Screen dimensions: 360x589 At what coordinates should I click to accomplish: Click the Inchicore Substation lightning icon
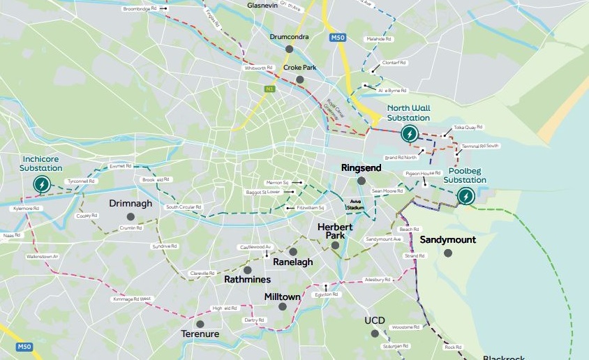[43, 184]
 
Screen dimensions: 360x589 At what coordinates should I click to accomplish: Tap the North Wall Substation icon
[410, 134]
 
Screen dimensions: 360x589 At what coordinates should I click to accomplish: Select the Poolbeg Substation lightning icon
[465, 197]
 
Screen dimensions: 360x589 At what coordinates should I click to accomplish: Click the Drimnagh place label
[131, 204]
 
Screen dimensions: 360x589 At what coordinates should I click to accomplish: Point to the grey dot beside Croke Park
[300, 80]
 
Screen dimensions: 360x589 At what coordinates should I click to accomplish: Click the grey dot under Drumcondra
[289, 49]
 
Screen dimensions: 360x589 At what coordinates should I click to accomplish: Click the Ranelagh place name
[293, 262]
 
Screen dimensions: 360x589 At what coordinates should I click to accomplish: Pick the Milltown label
[282, 297]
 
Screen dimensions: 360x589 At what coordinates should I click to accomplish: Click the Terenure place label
[200, 334]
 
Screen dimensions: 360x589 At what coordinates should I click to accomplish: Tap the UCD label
[375, 321]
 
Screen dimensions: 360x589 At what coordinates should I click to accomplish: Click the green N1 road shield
[269, 89]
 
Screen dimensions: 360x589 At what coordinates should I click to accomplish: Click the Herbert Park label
[336, 232]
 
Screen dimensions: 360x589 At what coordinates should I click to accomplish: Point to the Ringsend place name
[361, 169]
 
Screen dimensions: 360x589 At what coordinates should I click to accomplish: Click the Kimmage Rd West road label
[132, 299]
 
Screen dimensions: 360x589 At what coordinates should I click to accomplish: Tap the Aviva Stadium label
[356, 204]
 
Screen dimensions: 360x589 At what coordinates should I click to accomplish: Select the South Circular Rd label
[183, 207]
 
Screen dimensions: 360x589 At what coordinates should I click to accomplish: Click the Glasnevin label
[262, 5]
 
